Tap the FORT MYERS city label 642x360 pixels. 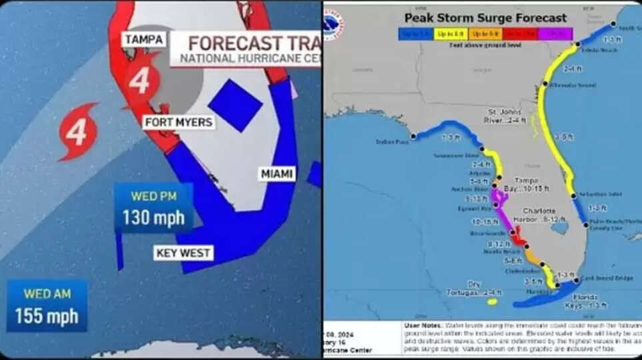pos(179,122)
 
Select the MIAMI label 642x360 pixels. pos(277,174)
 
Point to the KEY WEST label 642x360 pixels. pos(183,253)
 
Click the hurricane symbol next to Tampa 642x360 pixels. pos(140,81)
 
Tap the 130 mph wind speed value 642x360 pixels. pos(153,218)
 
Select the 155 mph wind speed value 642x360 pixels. pos(47,315)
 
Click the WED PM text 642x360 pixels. pos(153,197)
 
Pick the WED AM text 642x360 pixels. pos(47,293)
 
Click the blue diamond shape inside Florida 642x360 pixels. pos(235,105)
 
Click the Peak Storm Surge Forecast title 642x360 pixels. pos(485,18)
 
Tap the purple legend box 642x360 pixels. pos(554,33)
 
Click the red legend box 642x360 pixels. pos(519,33)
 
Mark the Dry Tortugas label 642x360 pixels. pos(474,289)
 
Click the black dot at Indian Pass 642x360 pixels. pos(413,136)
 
